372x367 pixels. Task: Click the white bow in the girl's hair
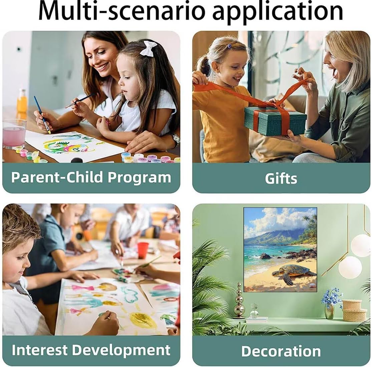pyautogui.click(x=148, y=49)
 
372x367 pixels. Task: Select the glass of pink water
pyautogui.click(x=14, y=134)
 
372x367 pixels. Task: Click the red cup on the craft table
pyautogui.click(x=143, y=250)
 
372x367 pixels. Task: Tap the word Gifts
pyautogui.click(x=281, y=178)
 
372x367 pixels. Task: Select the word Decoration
pyautogui.click(x=281, y=351)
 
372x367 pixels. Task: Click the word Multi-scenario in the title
pyautogui.click(x=121, y=11)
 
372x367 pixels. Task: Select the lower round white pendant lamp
pyautogui.click(x=350, y=267)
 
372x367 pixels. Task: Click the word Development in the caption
pyautogui.click(x=121, y=350)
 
